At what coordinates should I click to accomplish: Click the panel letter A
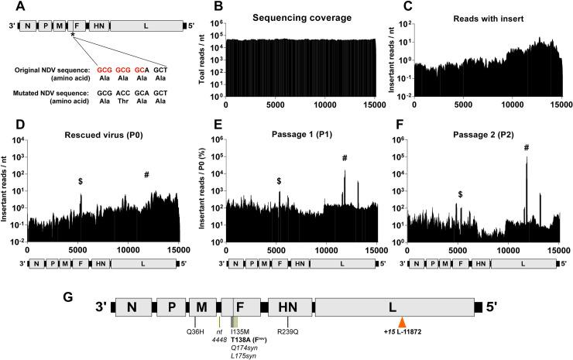(6, 6)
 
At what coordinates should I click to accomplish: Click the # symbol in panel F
(527, 148)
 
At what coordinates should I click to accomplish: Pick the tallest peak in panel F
(527, 159)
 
